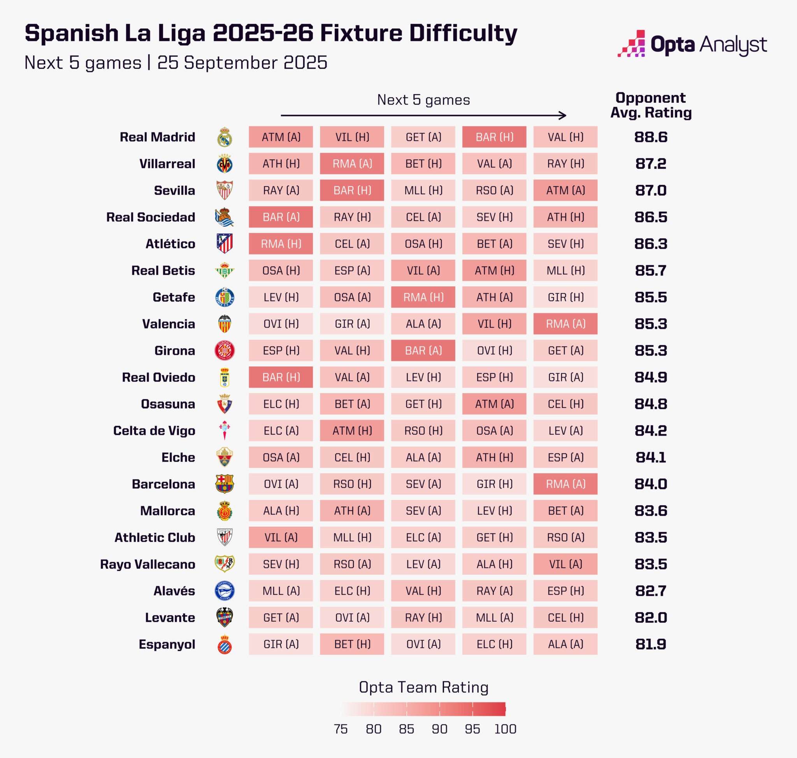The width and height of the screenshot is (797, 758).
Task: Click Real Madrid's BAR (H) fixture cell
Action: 494,137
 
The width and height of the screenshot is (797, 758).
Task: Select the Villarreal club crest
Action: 225,164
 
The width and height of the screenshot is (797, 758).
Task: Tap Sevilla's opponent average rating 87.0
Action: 650,190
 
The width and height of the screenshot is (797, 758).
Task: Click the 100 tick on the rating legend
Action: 505,729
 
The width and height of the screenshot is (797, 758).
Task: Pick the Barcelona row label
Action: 163,484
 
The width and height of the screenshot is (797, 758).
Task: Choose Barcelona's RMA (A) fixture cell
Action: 565,484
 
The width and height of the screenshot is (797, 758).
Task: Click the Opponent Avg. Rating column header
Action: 651,105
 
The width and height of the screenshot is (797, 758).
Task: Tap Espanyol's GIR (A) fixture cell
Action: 281,644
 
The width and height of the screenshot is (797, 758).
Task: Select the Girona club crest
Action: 225,350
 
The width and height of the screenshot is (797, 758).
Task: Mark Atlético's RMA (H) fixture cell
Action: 281,244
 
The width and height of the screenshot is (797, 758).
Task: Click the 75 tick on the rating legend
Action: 341,729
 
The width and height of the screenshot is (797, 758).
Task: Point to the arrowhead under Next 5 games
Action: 562,116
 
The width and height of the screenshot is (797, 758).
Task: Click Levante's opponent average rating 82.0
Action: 650,617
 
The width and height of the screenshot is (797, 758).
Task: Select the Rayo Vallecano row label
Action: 147,564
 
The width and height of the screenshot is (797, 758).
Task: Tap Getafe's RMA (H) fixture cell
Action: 423,297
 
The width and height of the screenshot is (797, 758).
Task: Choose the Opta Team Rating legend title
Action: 423,687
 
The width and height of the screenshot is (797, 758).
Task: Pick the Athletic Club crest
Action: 225,538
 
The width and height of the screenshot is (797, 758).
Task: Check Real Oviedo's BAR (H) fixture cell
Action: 281,377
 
